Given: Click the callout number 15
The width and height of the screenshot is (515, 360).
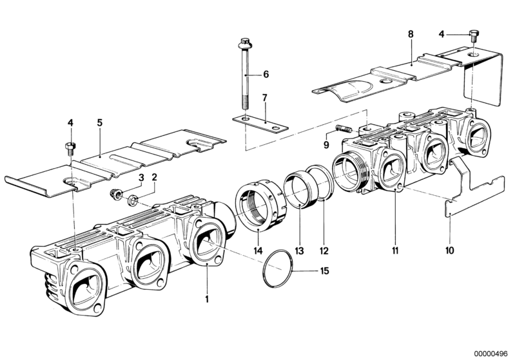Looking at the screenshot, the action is (x=324, y=271).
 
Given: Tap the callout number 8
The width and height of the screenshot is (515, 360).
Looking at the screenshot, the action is (x=411, y=34).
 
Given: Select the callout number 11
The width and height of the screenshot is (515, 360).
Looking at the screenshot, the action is (x=395, y=251).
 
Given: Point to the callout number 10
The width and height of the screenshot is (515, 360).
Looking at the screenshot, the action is (x=450, y=251).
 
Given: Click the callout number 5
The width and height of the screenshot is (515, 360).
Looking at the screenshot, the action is (x=100, y=123).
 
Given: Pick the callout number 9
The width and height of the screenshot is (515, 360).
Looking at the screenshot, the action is (x=326, y=145).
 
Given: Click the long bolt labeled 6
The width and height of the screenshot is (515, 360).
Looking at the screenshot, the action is (x=246, y=75).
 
